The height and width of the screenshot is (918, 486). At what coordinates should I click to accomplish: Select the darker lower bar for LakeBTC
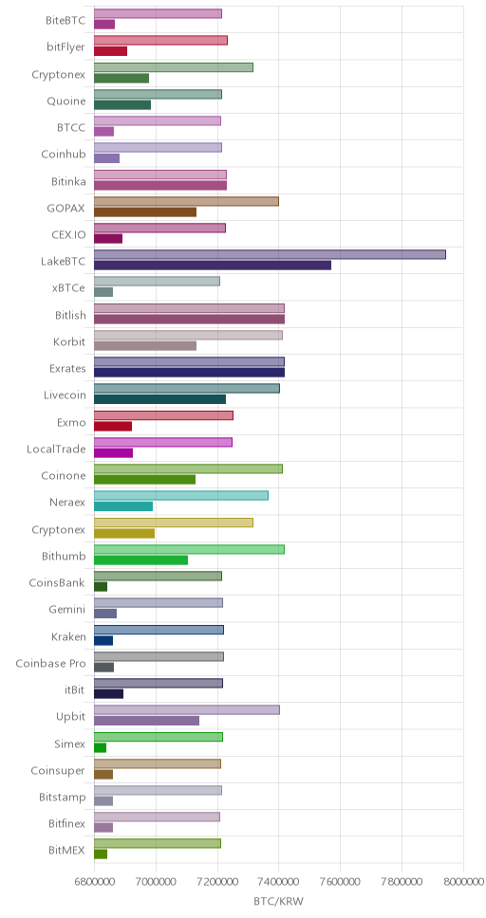coord(213,266)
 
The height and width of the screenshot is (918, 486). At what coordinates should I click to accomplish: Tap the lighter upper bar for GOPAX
coord(186,201)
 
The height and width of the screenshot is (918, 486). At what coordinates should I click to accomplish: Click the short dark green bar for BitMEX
coord(101,854)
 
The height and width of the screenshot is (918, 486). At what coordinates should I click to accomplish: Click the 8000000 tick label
coord(463,882)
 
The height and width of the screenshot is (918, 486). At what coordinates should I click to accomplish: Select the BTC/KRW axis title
coord(278,901)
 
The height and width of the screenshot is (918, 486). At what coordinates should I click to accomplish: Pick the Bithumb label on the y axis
coord(64,556)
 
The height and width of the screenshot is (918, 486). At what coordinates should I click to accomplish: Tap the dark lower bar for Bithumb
coord(140,560)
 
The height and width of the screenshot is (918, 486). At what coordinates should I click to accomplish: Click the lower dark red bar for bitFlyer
coord(110,51)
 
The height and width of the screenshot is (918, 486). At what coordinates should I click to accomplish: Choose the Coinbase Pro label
coord(50,664)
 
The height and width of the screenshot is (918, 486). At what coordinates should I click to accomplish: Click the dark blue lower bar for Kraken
coord(103,640)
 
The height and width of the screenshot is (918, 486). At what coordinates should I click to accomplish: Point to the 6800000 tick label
coord(94,882)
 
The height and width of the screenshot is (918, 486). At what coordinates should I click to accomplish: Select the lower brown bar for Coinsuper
coord(103,775)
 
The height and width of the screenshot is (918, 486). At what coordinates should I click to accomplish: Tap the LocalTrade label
coord(56,450)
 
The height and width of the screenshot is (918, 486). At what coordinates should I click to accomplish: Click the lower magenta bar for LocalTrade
coord(113,452)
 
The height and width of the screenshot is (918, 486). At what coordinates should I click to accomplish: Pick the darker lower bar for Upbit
coord(146,721)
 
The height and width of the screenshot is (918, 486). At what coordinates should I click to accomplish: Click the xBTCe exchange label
coord(68,288)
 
